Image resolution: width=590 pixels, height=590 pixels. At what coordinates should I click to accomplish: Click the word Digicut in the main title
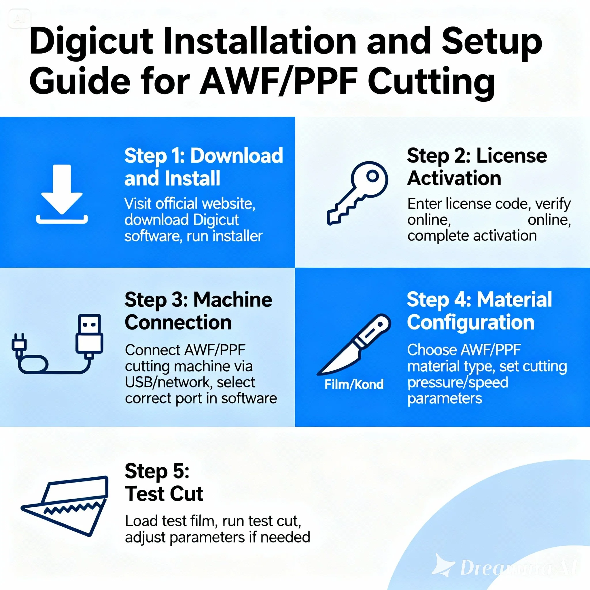tap(91, 43)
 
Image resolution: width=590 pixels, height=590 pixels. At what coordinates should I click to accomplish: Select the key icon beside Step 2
tap(357, 192)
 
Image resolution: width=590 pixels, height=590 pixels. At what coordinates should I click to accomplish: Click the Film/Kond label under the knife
tap(354, 385)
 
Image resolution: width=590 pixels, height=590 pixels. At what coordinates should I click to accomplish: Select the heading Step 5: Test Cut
tap(164, 483)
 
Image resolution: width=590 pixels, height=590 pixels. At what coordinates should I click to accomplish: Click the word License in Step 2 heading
tap(512, 156)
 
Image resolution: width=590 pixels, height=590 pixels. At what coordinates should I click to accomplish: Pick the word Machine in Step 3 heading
tap(233, 300)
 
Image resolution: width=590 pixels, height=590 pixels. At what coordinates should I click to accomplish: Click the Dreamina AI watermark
tap(504, 568)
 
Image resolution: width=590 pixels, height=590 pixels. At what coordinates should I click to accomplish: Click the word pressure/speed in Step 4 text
tap(457, 383)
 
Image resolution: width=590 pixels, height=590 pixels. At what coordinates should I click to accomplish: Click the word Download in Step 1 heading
tap(237, 156)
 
